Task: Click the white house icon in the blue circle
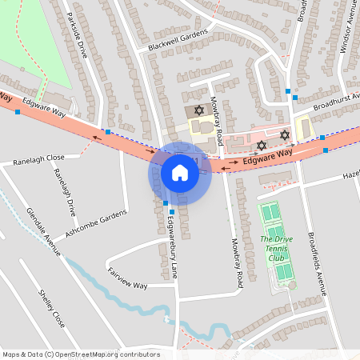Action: [180, 173]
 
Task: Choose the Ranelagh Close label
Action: [38, 159]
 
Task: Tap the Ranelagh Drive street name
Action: [64, 191]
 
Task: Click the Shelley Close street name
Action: [51, 307]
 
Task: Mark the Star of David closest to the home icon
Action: [199, 109]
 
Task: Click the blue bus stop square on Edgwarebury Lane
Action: [166, 203]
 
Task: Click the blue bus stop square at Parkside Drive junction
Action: [107, 130]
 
